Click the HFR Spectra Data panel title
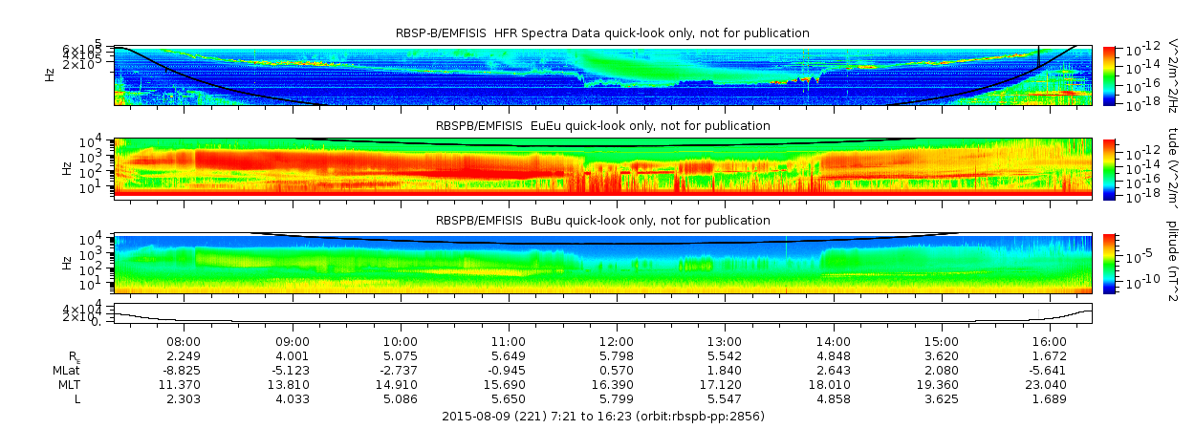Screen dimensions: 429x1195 602,33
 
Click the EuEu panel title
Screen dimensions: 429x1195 602,125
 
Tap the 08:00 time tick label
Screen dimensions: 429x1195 184,341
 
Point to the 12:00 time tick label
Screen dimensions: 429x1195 617,341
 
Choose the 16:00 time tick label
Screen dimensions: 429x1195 1050,341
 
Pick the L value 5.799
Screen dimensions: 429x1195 617,398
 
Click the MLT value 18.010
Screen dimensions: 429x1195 834,384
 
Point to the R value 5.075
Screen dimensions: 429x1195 401,355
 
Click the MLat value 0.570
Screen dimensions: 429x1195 617,370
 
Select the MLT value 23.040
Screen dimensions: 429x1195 1050,384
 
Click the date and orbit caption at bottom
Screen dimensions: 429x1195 603,417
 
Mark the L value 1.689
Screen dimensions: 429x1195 1050,398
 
